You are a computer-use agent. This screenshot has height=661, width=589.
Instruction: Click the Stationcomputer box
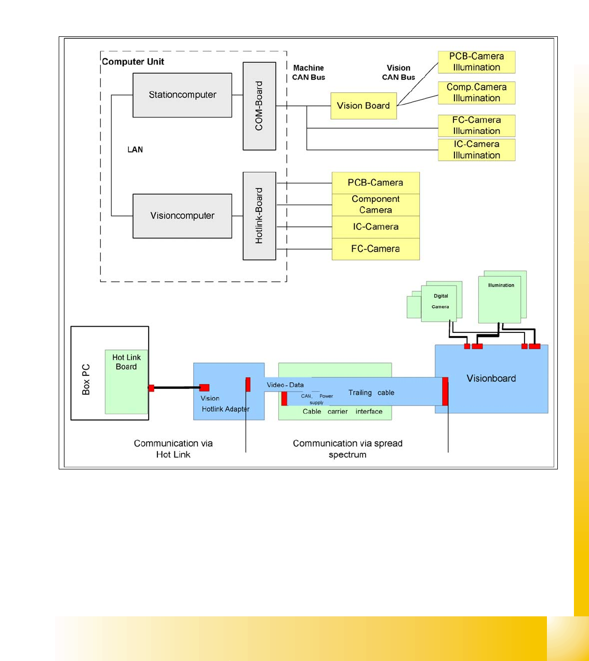pyautogui.click(x=182, y=95)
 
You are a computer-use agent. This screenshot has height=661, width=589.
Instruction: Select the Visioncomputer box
pyautogui.click(x=182, y=216)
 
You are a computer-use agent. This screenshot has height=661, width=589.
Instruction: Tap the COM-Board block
pyautogui.click(x=259, y=106)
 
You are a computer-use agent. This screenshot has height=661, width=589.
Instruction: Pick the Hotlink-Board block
pyautogui.click(x=259, y=216)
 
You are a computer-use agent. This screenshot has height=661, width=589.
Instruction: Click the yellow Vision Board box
pyautogui.click(x=364, y=106)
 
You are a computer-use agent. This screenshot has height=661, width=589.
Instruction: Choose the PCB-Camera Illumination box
pyautogui.click(x=476, y=62)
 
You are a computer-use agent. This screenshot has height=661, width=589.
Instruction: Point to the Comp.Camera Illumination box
pyautogui.click(x=476, y=93)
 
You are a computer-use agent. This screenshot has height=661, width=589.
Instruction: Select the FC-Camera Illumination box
pyautogui.click(x=476, y=126)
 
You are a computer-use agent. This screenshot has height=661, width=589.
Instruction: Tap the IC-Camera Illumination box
pyautogui.click(x=476, y=150)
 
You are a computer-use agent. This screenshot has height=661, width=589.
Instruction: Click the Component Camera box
pyautogui.click(x=376, y=205)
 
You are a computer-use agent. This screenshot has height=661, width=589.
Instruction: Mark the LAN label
pyautogui.click(x=135, y=150)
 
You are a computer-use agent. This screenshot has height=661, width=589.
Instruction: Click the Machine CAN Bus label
pyautogui.click(x=309, y=73)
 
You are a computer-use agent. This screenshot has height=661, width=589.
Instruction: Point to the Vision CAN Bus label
pyautogui.click(x=398, y=73)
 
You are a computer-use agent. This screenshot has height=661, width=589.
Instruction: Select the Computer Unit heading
pyautogui.click(x=133, y=62)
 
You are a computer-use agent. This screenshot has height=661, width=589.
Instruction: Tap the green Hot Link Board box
pyautogui.click(x=126, y=382)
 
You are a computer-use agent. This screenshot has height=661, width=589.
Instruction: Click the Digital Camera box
pyautogui.click(x=440, y=302)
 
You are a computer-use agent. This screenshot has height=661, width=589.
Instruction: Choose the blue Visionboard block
pyautogui.click(x=491, y=379)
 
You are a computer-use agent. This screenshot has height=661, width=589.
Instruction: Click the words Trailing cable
pyautogui.click(x=371, y=393)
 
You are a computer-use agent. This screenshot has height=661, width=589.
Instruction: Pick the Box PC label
pyautogui.click(x=86, y=380)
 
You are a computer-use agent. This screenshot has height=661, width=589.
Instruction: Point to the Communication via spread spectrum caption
pyautogui.click(x=347, y=449)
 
